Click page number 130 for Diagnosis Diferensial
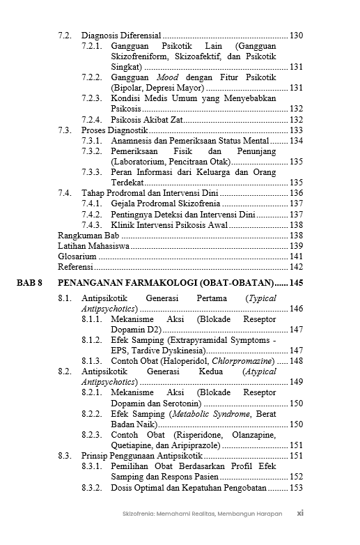coord(295,35)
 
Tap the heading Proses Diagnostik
coord(114,130)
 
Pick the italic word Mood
coord(167,77)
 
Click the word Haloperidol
coord(182,361)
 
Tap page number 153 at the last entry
coord(295,488)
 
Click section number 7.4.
coord(65,193)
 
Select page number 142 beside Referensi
coord(295,267)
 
